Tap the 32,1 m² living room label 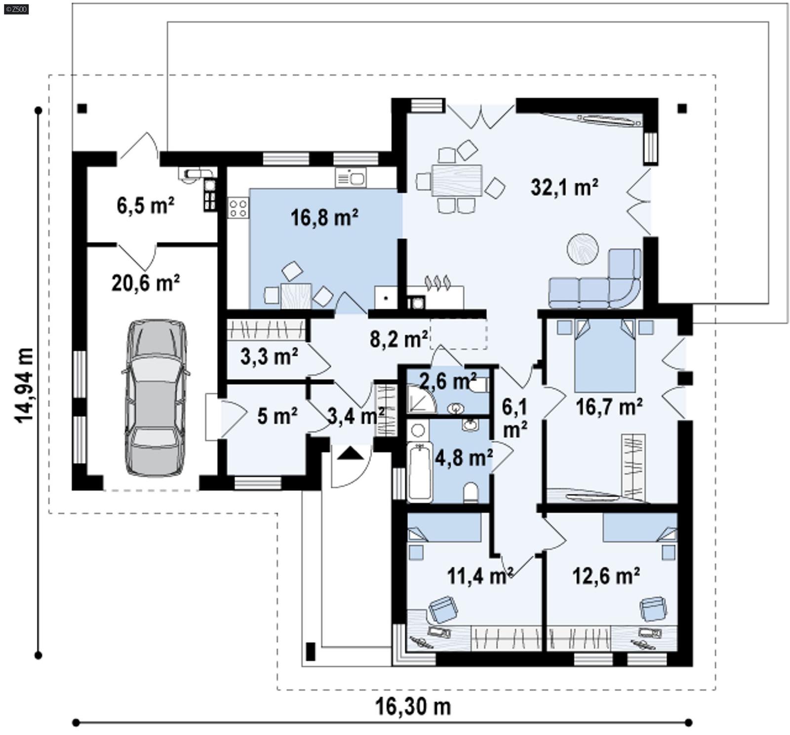tap(564, 187)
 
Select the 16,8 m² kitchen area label tap(324, 217)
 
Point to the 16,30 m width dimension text tap(413, 706)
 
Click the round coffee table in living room tap(582, 248)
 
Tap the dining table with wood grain tap(456, 181)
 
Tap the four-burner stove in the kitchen tap(238, 207)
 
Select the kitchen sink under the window tap(351, 177)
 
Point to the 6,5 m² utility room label tap(145, 205)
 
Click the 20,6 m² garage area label tap(145, 283)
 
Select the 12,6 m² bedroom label tap(606, 576)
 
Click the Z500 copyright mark tap(16, 9)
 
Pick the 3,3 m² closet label tap(269, 356)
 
